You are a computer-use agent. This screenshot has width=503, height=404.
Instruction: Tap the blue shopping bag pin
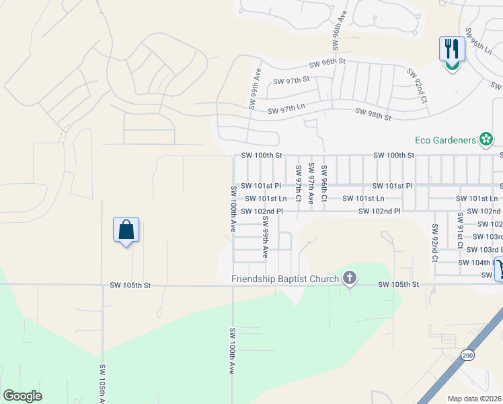point(126,230)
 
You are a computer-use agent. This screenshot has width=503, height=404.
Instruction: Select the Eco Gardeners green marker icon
point(486,140)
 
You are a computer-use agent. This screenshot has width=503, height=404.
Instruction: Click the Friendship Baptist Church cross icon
point(349,277)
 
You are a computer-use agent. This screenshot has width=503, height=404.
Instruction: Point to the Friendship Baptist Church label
point(285,278)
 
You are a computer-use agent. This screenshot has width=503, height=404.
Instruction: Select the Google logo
point(22,396)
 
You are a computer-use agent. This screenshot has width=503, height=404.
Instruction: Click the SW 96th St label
point(327,62)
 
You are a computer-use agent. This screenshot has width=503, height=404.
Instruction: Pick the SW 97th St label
point(291,79)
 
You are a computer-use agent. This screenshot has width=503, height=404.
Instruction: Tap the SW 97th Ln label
point(286,110)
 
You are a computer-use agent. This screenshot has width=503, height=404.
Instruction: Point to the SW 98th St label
point(373,114)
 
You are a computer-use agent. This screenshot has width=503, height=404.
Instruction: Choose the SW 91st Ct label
point(460,229)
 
